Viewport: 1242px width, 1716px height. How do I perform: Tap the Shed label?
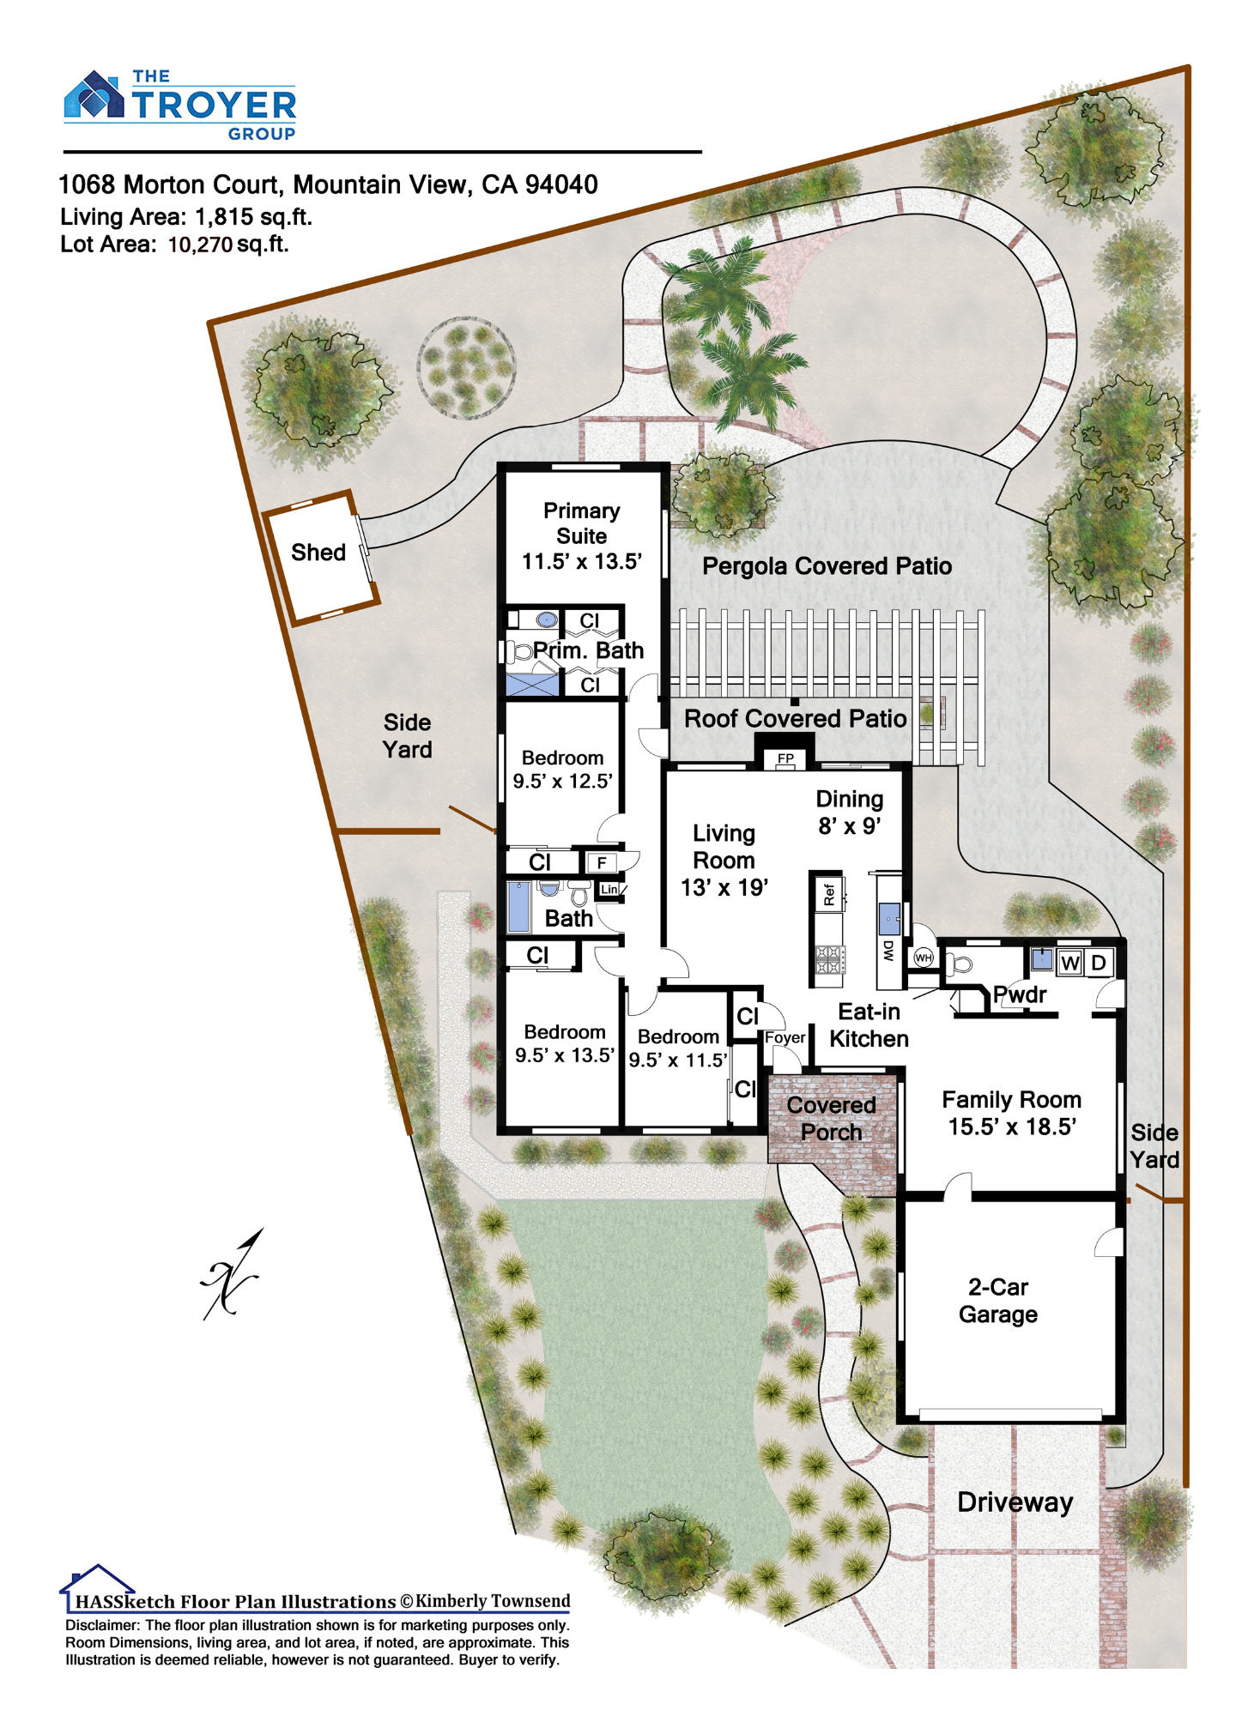point(318,553)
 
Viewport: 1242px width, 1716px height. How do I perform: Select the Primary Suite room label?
point(582,536)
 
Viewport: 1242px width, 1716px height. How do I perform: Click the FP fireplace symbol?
point(785,758)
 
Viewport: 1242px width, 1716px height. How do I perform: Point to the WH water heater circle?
point(924,958)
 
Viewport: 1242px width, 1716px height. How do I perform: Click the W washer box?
point(1069,963)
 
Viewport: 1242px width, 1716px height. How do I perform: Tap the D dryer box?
point(1099,963)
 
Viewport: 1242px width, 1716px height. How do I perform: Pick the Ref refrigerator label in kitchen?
point(829,895)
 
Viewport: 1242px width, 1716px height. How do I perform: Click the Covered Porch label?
point(831,1119)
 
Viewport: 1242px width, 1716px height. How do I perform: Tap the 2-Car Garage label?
point(998,1301)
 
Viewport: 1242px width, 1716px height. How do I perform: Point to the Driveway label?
point(1015,1502)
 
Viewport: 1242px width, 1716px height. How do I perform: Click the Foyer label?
point(785,1038)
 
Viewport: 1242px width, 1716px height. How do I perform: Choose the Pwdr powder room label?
point(1020,994)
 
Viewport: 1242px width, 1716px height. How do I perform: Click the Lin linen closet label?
point(609,889)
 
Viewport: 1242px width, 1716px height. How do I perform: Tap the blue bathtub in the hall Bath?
point(518,907)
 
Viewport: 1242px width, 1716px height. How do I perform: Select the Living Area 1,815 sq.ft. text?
point(185,217)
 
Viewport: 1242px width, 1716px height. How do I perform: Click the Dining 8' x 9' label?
point(850,813)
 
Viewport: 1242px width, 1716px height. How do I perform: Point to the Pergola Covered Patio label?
point(827,566)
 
